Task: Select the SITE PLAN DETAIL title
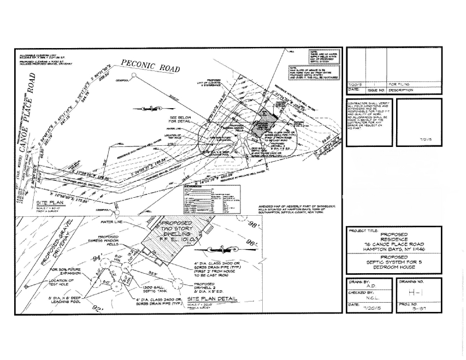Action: point(213,299)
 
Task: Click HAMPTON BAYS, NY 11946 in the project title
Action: point(393,249)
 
